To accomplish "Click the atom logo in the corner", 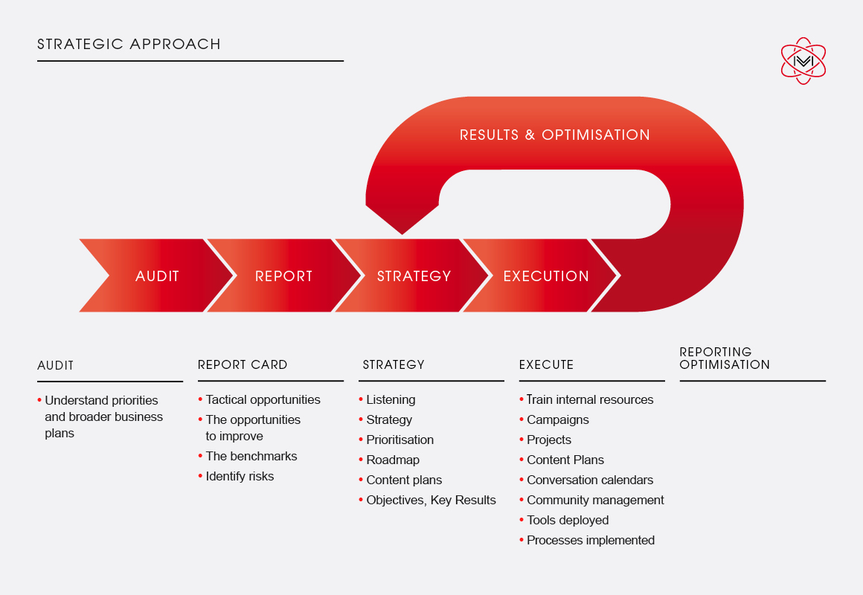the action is pyautogui.click(x=803, y=61).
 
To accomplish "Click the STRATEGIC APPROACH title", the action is pyautogui.click(x=129, y=44).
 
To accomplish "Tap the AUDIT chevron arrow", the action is pyautogui.click(x=157, y=275).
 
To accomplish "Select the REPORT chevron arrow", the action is pyautogui.click(x=284, y=275).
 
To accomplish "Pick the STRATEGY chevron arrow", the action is pyautogui.click(x=413, y=275).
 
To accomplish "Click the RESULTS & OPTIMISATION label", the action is pyautogui.click(x=555, y=135).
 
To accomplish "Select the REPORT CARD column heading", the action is pyautogui.click(x=243, y=365).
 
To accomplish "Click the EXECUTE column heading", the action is pyautogui.click(x=547, y=365).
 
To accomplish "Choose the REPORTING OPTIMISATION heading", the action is pyautogui.click(x=725, y=358).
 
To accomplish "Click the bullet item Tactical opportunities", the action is pyautogui.click(x=259, y=399).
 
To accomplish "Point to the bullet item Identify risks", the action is pyautogui.click(x=236, y=476).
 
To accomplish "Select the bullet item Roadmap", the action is pyautogui.click(x=389, y=460).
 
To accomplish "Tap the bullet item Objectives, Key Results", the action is pyautogui.click(x=427, y=500).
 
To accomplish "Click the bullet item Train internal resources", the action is pyautogui.click(x=587, y=399).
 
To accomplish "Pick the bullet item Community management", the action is pyautogui.click(x=591, y=500).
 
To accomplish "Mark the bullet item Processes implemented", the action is pyautogui.click(x=587, y=540).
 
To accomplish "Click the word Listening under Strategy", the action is pyautogui.click(x=391, y=399).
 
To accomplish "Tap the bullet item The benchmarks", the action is pyautogui.click(x=248, y=456).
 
